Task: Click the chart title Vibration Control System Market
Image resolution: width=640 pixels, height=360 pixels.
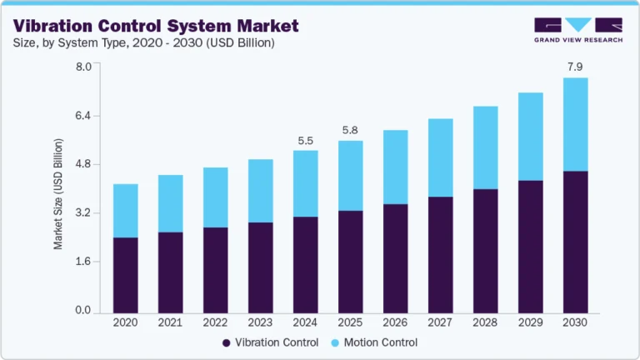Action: point(156,27)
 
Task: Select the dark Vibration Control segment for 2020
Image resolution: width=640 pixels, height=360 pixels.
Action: point(126,275)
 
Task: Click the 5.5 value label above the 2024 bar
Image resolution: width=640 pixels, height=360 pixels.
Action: point(306,139)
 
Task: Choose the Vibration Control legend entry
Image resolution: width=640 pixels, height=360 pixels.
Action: point(270,342)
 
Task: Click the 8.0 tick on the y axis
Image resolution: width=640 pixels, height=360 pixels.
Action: point(82,67)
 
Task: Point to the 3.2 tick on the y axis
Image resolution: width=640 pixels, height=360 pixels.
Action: point(82,213)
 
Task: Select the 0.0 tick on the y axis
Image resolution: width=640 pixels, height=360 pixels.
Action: point(82,311)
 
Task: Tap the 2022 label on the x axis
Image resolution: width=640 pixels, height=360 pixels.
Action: point(216,322)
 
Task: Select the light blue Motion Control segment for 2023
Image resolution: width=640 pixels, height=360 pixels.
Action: point(261,191)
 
